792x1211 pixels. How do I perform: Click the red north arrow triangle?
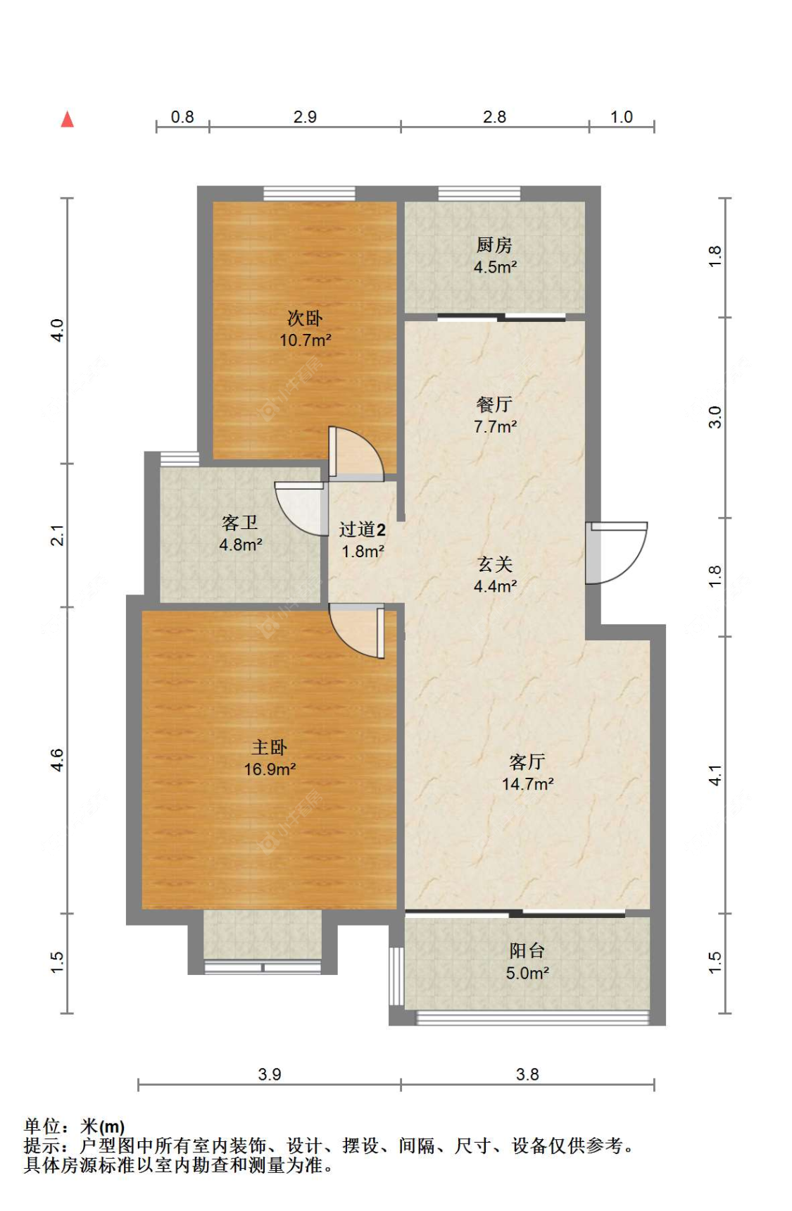tap(68, 119)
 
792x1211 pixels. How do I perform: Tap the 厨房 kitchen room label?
tap(494, 245)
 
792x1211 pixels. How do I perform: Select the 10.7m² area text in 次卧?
tap(306, 340)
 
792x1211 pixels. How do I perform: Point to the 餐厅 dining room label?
tap(494, 404)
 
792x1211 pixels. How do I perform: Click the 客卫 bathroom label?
tap(240, 523)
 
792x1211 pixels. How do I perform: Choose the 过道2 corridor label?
tap(363, 529)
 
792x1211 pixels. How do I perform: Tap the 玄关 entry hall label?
tap(495, 564)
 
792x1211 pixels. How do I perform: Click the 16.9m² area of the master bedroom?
tap(270, 770)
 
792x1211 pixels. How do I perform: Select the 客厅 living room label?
tap(527, 762)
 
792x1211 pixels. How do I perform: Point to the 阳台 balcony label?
tap(527, 951)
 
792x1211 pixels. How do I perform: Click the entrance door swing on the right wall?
tap(617, 553)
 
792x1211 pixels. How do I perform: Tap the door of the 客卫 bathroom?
tap(300, 508)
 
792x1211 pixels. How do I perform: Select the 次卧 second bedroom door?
tap(356, 454)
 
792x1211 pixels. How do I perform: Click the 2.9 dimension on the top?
tap(305, 117)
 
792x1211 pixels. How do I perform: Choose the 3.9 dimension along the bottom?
tap(270, 1074)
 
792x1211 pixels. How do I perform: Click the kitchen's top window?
tap(479, 193)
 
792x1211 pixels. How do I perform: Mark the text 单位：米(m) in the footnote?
tap(75, 1126)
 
